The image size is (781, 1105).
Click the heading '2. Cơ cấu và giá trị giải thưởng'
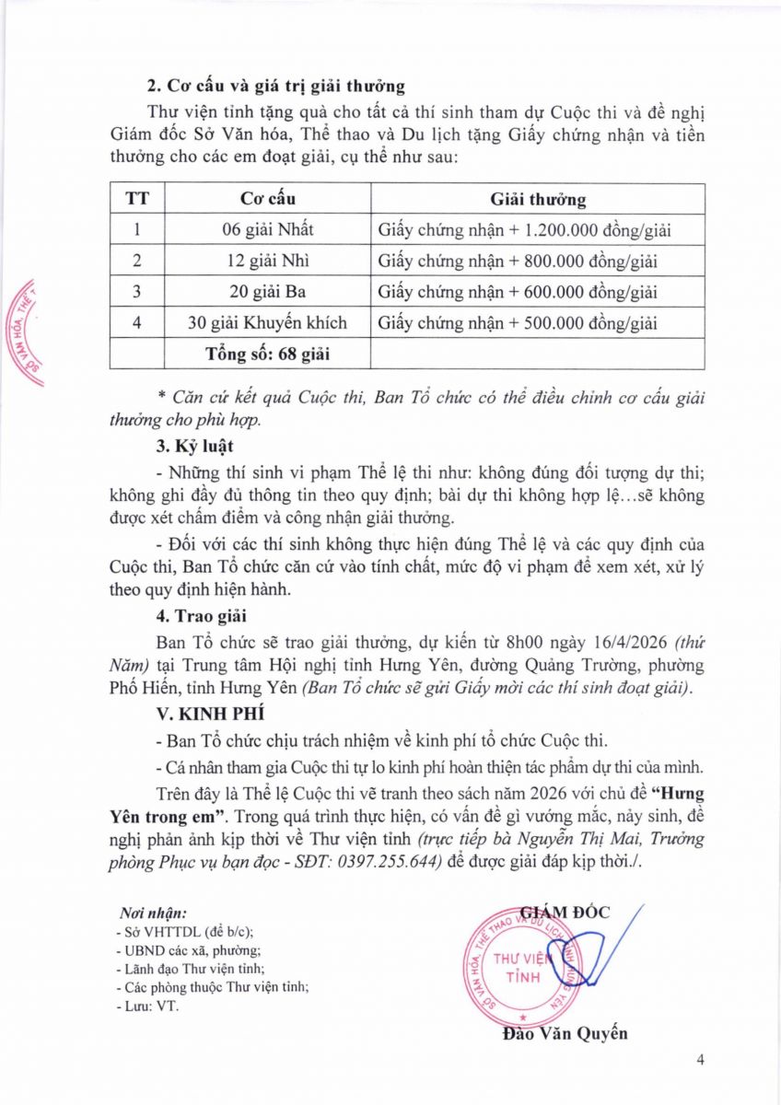[276, 87]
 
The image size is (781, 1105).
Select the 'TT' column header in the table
[137, 199]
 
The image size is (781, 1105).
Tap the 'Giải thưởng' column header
[538, 199]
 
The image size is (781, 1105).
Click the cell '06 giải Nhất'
[268, 230]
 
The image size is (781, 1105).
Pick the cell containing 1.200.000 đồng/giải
[538, 230]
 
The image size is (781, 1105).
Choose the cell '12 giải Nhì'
[268, 262]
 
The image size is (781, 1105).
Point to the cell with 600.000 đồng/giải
[538, 293]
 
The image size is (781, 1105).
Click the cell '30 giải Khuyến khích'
[268, 323]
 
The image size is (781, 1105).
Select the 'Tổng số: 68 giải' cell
[268, 354]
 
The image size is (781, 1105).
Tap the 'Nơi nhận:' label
[154, 913]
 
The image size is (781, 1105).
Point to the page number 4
[701, 1060]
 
